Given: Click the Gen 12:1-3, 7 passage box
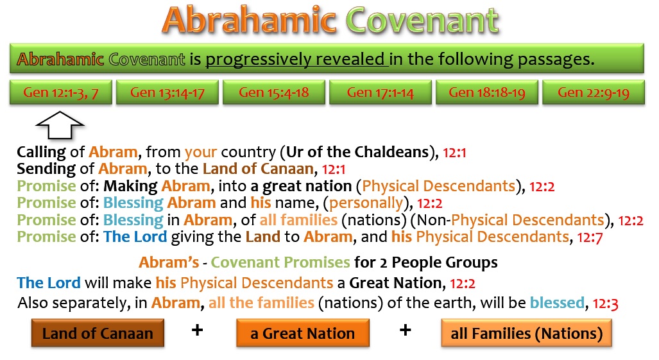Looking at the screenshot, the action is point(61,92).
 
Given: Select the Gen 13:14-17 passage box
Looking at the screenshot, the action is point(167,92).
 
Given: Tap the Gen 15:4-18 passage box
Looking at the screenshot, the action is point(273,92).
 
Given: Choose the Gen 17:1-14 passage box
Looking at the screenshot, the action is point(381,92).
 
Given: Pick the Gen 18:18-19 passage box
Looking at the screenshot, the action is point(486,92).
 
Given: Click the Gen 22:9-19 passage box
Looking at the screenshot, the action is point(594,92).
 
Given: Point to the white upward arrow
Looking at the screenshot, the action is point(60,126).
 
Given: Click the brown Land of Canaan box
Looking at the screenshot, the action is point(98,333).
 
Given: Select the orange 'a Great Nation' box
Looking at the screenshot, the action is point(303,333).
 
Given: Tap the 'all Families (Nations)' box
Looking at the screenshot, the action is point(526,333).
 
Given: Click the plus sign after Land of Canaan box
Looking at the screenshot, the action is point(197,330).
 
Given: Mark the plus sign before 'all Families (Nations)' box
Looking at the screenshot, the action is point(405,330).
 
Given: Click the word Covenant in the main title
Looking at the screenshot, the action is point(422,20).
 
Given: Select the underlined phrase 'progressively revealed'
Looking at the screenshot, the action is point(296,59).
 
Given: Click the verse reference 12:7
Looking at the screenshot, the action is point(590,238).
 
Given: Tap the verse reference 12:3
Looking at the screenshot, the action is point(605,304).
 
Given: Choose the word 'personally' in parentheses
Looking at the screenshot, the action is point(366,203).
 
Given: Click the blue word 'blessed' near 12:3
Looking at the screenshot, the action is point(557,302).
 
